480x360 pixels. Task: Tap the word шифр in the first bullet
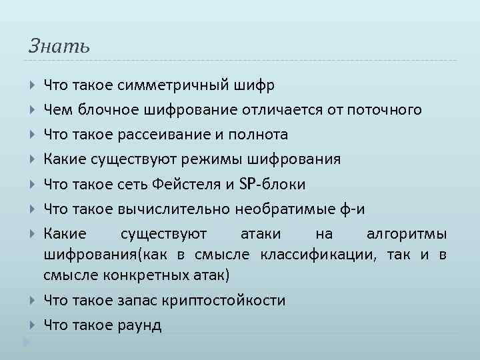point(254,85)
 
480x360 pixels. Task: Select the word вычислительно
point(175,209)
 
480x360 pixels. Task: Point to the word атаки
point(263,234)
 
